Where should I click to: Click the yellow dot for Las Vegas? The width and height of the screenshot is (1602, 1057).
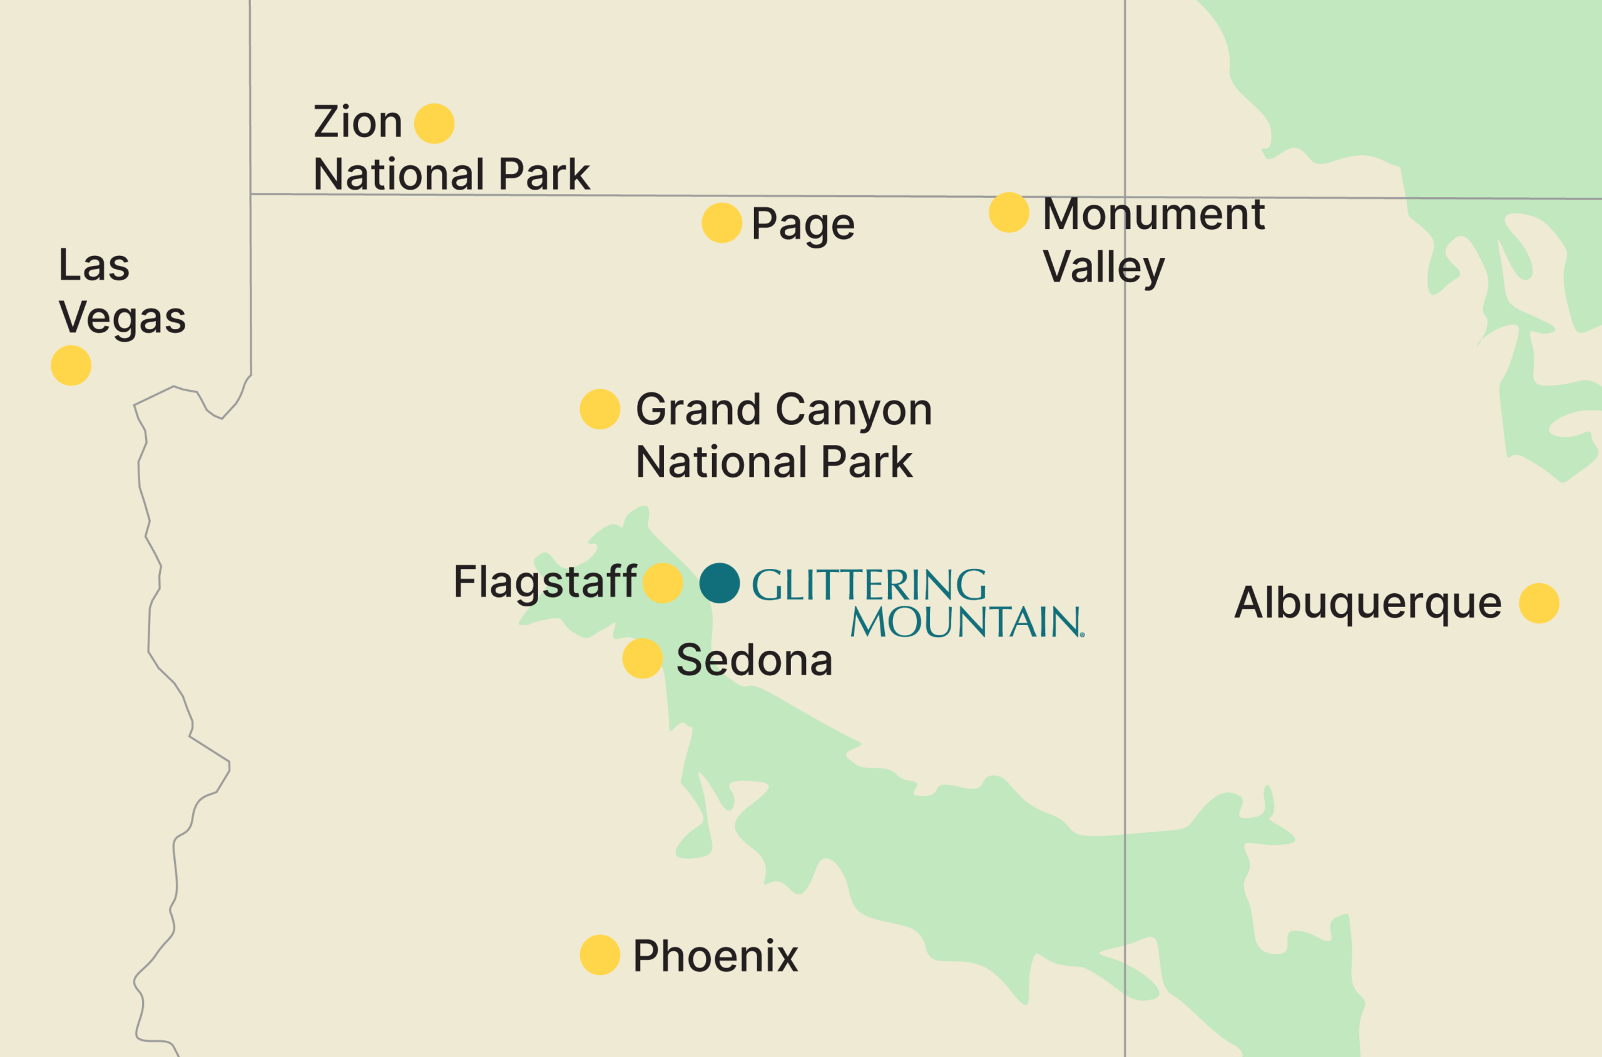tap(71, 365)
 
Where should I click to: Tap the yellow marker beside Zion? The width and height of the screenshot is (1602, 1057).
tap(434, 123)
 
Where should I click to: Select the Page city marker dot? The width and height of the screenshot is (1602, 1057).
tap(722, 222)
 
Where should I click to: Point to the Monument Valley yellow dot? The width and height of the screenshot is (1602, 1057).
tap(1009, 212)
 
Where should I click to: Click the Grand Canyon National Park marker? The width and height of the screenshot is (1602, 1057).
tap(600, 409)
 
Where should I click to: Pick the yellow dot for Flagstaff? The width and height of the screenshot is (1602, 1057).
tap(663, 583)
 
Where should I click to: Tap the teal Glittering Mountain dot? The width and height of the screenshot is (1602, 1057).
tap(720, 583)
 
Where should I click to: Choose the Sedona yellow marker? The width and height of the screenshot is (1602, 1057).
tap(642, 658)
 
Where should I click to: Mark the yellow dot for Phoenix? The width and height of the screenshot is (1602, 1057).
tap(600, 955)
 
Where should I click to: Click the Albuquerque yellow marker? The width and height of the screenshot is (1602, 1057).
tap(1539, 603)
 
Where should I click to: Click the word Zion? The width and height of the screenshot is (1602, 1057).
tap(358, 122)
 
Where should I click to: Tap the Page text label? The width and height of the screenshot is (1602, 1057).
tap(803, 225)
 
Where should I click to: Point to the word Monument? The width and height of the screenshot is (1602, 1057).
tap(1154, 215)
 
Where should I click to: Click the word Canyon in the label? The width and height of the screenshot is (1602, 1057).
tap(854, 410)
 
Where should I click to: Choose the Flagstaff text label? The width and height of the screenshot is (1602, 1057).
tap(544, 582)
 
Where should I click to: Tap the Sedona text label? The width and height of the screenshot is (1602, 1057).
tap(754, 660)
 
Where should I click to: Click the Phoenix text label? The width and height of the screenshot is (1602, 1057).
tap(715, 956)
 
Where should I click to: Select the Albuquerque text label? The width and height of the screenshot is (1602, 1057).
tap(1368, 603)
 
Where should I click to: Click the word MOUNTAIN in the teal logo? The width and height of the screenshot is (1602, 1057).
tap(966, 622)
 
